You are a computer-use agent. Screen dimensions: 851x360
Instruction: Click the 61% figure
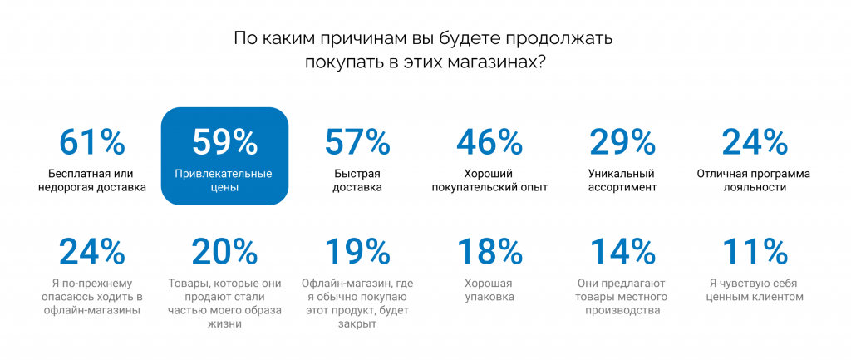91,142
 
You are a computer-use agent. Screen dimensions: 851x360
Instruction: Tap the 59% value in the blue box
224,142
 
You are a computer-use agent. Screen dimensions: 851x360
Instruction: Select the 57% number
357,142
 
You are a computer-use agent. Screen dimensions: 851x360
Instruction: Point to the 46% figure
489,142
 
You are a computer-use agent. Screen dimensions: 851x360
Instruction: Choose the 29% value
622,142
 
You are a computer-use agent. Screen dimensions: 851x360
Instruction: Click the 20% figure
224,251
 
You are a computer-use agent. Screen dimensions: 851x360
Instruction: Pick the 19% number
357,251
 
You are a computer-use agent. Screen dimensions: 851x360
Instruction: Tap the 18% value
489,251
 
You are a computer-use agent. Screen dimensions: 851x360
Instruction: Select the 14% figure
622,251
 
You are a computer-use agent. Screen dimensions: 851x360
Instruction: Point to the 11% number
755,251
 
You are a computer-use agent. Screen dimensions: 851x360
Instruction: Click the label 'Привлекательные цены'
223,181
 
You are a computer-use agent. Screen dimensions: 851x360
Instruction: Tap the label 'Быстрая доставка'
357,181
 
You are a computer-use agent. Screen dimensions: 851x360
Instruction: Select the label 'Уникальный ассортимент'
622,181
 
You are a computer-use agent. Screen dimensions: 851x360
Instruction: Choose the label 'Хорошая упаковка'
489,290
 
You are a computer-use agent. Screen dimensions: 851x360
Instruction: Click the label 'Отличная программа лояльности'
754,181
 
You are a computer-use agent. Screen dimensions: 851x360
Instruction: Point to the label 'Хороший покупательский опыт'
489,181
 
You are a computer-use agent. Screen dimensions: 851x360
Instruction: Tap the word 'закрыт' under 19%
357,325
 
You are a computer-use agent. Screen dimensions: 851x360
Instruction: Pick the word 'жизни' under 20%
224,325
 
